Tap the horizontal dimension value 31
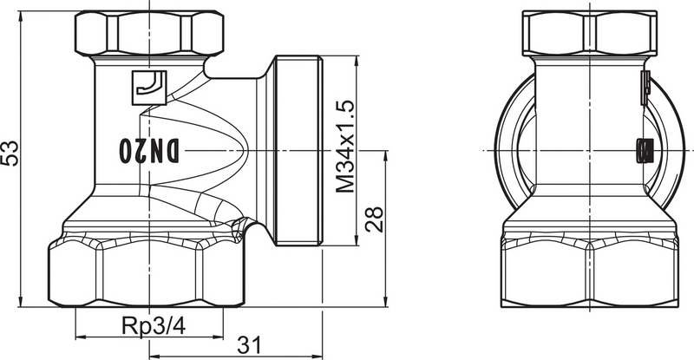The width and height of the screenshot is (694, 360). click(x=249, y=344)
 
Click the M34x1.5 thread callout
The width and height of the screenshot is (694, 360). click(x=346, y=147)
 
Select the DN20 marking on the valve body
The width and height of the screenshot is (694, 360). click(x=148, y=150)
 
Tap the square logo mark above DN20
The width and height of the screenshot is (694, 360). click(x=147, y=86)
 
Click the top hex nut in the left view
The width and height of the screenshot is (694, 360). click(x=149, y=31)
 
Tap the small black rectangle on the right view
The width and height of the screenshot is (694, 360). click(x=643, y=151)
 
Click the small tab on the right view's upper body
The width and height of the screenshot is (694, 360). click(x=645, y=85)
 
